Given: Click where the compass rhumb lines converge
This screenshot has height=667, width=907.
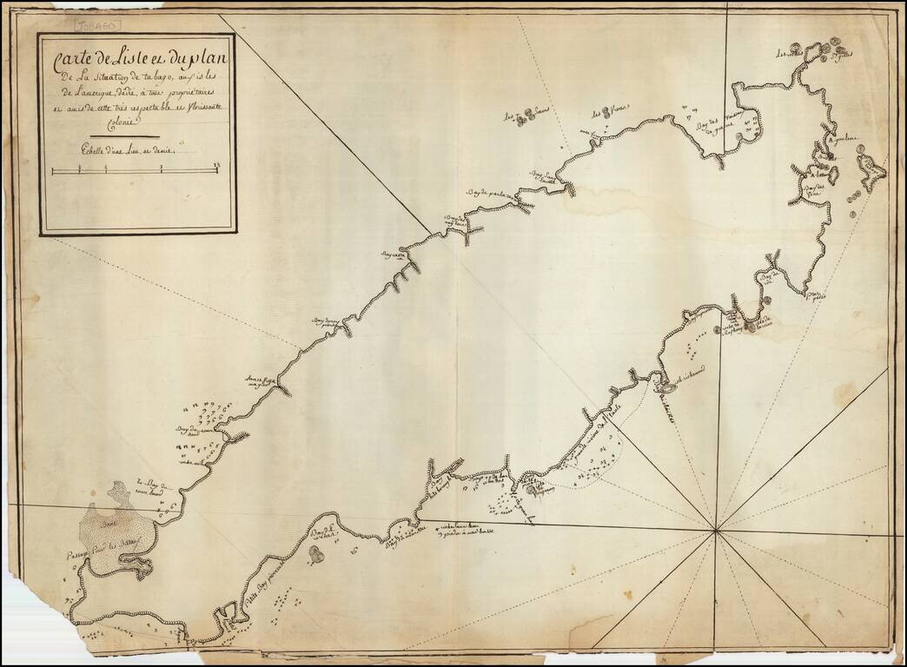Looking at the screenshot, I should click(x=715, y=530).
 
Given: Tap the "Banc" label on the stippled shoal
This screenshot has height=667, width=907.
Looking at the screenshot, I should click(x=109, y=523).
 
